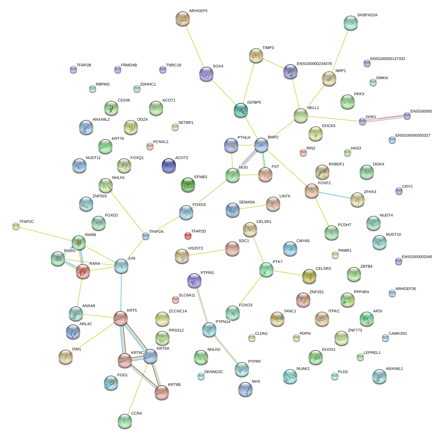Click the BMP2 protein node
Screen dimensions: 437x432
pyautogui.click(x=261, y=145)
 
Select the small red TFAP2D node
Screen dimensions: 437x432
pyautogui.click(x=188, y=236)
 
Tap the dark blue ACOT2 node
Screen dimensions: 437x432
pyautogui.click(x=168, y=165)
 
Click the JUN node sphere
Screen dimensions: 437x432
pyautogui.click(x=121, y=266)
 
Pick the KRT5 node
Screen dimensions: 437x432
pyautogui.click(x=121, y=318)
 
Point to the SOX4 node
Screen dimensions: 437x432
pyautogui.click(x=206, y=74)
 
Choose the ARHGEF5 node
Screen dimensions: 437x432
pyautogui.click(x=183, y=18)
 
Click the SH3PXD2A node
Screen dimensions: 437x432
pyautogui.click(x=350, y=23)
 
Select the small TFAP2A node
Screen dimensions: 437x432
pyautogui.click(x=145, y=236)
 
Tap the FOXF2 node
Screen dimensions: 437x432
pyautogui.click(x=312, y=191)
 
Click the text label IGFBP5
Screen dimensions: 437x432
pyautogui.click(x=254, y=103)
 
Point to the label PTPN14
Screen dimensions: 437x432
pyautogui.click(x=223, y=322)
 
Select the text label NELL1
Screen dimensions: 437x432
pyautogui.click(x=313, y=108)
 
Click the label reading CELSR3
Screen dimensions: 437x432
pyautogui.click(x=323, y=269)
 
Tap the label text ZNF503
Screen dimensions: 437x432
pyautogui.click(x=99, y=196)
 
